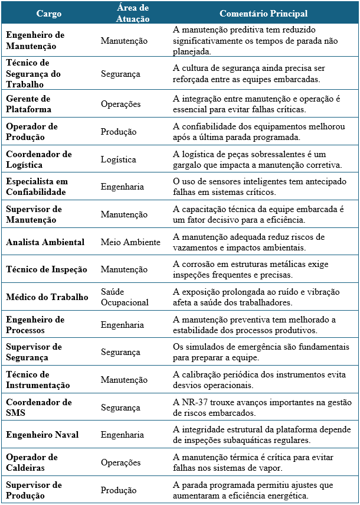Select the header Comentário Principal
[263, 13]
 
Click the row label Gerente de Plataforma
[28, 104]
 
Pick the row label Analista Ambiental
[45, 242]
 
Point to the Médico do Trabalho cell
[47, 297]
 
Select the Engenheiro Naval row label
[42, 435]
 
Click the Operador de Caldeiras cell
[31, 462]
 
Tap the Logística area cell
[118, 159]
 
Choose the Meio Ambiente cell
[130, 242]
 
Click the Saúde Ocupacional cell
[125, 297]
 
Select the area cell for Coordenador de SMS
[120, 408]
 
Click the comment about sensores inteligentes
[257, 187]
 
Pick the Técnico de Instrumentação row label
[38, 380]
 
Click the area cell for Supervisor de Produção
[119, 490]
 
